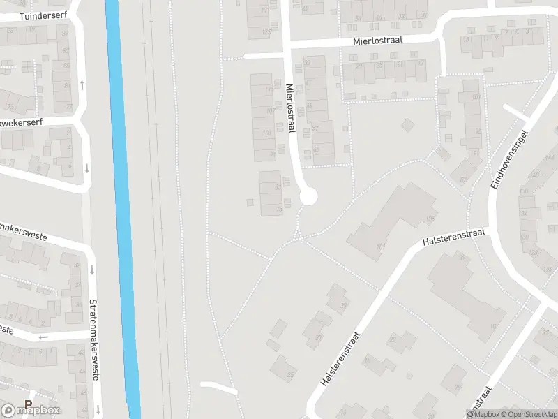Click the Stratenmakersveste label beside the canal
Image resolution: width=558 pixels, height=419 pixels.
click(x=93, y=340)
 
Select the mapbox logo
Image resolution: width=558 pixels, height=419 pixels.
click(x=31, y=410)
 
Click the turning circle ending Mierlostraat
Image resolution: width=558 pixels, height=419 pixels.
click(x=308, y=196)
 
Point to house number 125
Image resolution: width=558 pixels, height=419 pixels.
click(x=430, y=219)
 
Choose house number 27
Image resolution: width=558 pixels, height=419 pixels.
click(x=319, y=338)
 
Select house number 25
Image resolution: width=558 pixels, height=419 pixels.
click(x=290, y=376)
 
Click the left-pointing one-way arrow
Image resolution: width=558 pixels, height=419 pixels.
click(x=44, y=337)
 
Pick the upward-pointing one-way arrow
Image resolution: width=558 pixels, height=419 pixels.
click(x=82, y=85)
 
